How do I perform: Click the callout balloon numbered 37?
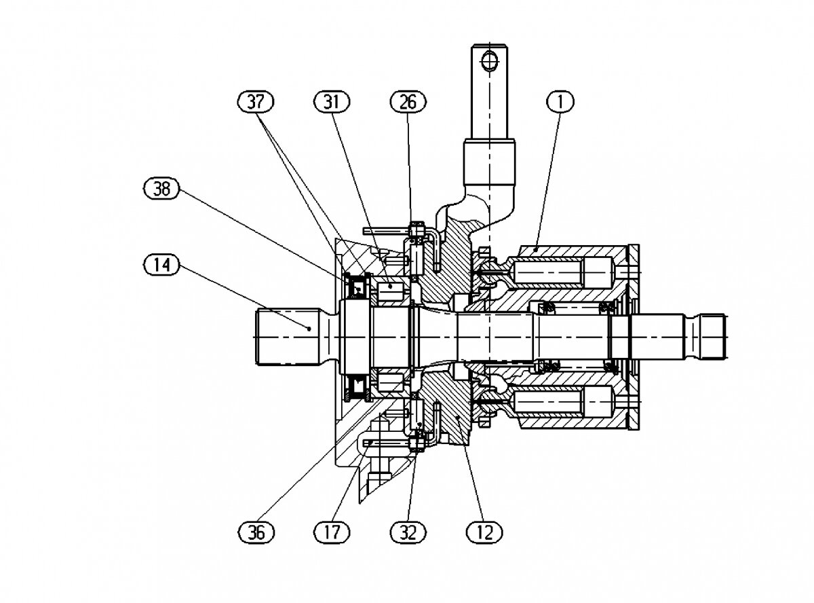click(256, 102)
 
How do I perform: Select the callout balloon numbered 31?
click(332, 102)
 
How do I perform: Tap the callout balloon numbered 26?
click(408, 102)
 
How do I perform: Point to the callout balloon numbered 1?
click(560, 102)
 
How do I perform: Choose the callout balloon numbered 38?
click(161, 189)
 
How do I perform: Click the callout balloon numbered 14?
click(161, 265)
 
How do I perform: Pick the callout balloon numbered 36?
click(256, 532)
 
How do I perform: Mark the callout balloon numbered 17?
click(332, 532)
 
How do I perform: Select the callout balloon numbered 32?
click(408, 532)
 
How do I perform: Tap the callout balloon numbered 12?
click(484, 532)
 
